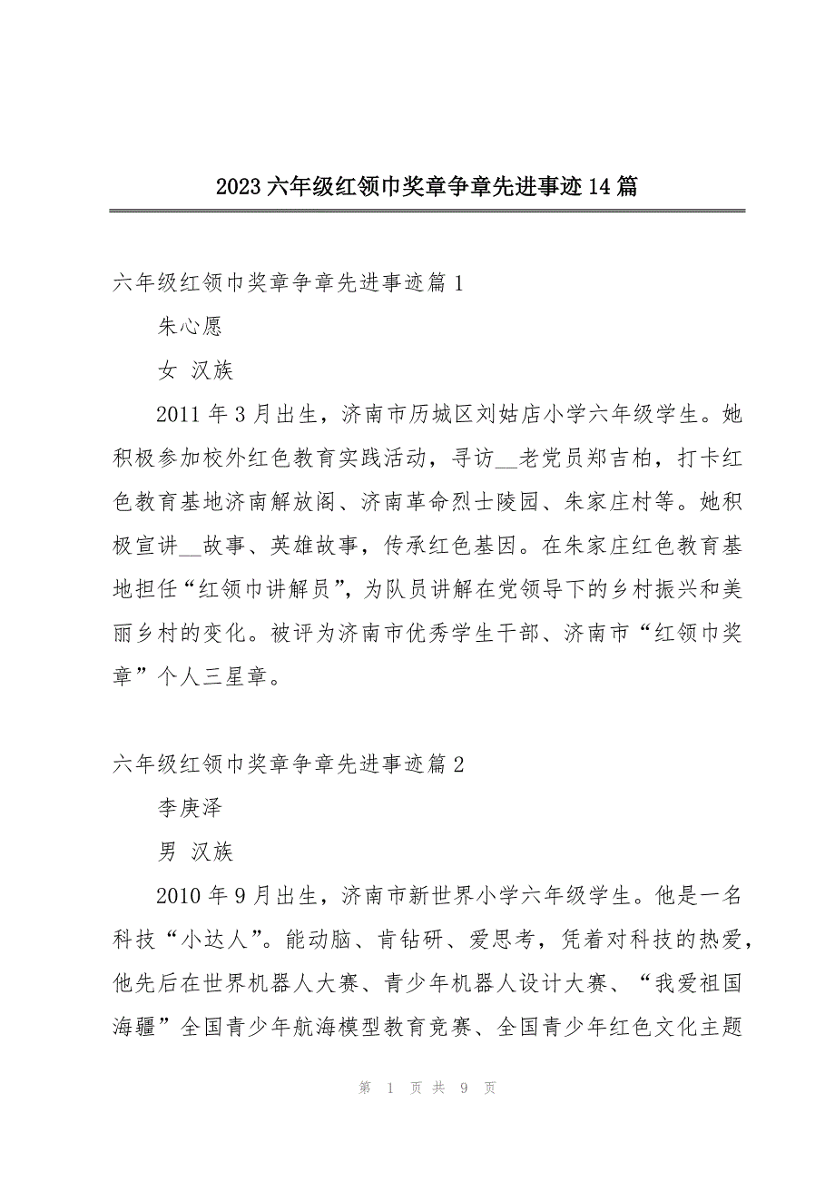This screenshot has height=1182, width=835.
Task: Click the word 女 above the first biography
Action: pyautogui.click(x=168, y=371)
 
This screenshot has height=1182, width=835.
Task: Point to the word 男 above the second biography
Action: pyautogui.click(x=168, y=852)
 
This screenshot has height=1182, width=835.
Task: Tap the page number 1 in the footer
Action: pyautogui.click(x=389, y=1088)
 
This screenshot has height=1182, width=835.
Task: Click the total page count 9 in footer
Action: pyautogui.click(x=462, y=1088)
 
